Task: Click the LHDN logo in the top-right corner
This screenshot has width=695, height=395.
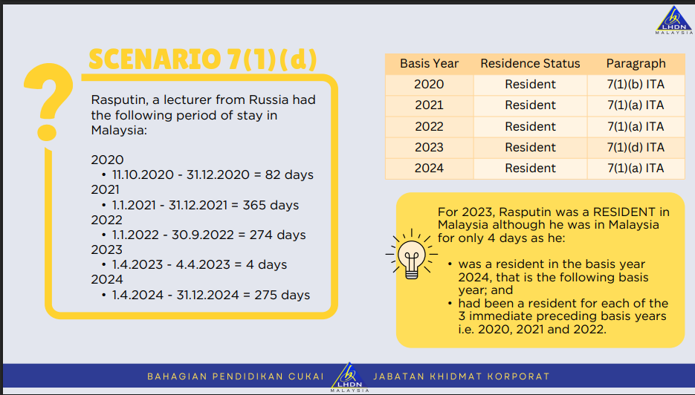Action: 674,20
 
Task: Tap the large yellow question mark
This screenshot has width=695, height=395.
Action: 48,102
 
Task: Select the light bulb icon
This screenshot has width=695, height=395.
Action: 411,254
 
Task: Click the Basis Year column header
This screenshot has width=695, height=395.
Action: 429,64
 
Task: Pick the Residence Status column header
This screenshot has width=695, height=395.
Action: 530,64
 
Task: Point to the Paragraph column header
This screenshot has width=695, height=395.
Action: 636,64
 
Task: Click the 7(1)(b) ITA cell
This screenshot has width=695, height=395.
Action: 636,84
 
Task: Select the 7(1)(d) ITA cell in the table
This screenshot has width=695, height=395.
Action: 636,147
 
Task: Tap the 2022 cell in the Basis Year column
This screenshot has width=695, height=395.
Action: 429,127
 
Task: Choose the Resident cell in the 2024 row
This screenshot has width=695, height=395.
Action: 530,169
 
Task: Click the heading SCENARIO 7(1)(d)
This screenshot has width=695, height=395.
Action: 203,59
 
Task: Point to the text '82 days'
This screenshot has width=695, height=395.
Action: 289,175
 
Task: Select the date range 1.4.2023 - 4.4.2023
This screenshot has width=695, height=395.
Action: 171,265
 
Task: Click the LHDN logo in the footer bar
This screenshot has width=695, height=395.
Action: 349,377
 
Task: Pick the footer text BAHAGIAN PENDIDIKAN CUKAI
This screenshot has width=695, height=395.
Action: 236,376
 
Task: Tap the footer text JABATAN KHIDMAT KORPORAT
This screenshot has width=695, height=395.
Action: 462,376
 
